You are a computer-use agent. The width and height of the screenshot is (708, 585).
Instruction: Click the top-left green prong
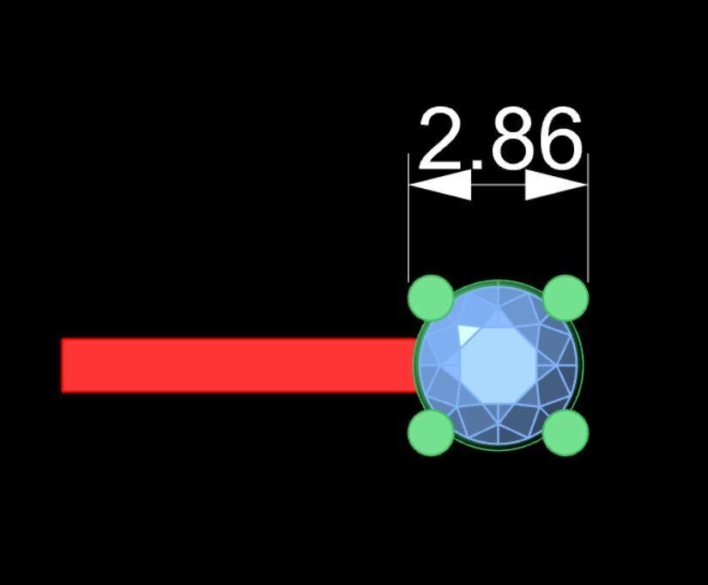[x=431, y=297]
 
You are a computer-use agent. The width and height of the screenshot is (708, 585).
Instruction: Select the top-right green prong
[x=566, y=297]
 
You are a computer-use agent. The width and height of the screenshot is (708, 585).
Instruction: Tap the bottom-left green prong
[x=431, y=433]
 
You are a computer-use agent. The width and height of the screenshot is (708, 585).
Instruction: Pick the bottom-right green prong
[x=566, y=433]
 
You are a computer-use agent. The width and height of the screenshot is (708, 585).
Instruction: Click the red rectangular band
[x=239, y=365]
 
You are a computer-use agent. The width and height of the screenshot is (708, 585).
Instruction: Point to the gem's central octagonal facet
[x=498, y=365]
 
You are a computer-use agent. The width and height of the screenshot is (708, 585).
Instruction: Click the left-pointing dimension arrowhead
[x=439, y=185]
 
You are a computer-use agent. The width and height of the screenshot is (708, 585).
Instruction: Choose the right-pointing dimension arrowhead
[x=557, y=185]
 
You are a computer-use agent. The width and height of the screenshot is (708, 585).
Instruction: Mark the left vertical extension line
[x=408, y=218]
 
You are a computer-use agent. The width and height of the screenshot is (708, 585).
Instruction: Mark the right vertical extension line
[x=589, y=218]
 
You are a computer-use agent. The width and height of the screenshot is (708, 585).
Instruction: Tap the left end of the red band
[x=62, y=365]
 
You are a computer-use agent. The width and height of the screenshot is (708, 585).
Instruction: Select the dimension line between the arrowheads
[x=499, y=185]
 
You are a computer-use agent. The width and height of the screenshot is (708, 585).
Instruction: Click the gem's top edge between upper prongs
[x=498, y=282]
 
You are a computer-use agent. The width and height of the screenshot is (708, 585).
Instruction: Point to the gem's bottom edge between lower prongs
[x=498, y=449]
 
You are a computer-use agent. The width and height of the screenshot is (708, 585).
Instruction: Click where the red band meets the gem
[x=415, y=365]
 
